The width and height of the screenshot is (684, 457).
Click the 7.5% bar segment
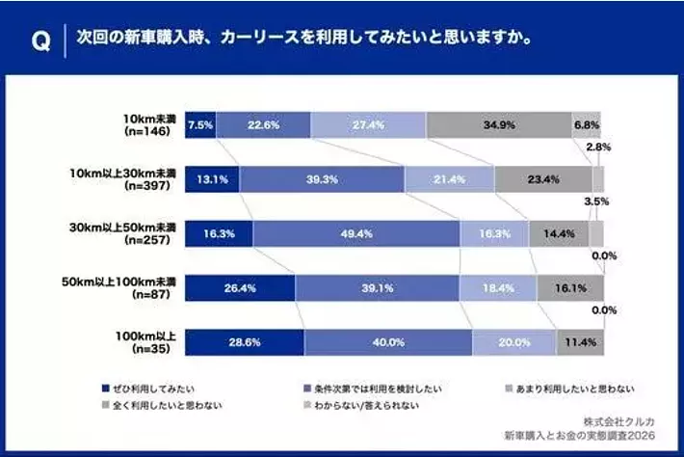pos(200,125)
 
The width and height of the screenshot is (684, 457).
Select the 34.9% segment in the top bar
pos(498,125)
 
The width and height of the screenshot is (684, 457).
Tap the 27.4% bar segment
pos(368,125)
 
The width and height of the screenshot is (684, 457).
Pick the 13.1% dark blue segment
pos(212,179)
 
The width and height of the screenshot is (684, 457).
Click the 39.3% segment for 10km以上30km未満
pos(322,179)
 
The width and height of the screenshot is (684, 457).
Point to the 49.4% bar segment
pos(356,233)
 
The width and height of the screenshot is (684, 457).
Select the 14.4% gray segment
pos(558,233)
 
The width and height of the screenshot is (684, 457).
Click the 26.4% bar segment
pos(240,287)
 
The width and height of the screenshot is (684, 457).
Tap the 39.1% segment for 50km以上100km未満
pos(377,287)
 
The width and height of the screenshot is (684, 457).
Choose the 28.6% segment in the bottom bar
pos(245,342)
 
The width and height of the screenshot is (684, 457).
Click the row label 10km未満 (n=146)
pos(142,125)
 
